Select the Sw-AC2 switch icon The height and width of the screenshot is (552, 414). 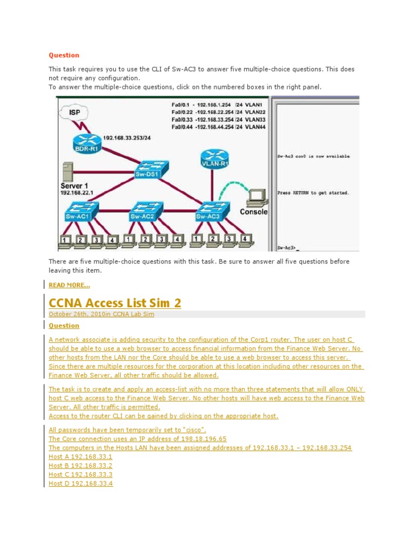tap(143, 211)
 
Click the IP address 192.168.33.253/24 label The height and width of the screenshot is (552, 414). tap(126, 137)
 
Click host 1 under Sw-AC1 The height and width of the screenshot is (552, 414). tap(65, 241)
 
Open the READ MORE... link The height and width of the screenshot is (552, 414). tap(70, 285)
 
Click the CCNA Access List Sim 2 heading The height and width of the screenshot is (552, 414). tap(115, 303)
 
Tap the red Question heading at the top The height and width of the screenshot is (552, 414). tap(64, 55)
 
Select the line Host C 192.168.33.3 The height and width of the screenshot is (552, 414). tap(80, 474)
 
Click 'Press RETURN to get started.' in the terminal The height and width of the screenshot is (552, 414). tap(313, 192)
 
